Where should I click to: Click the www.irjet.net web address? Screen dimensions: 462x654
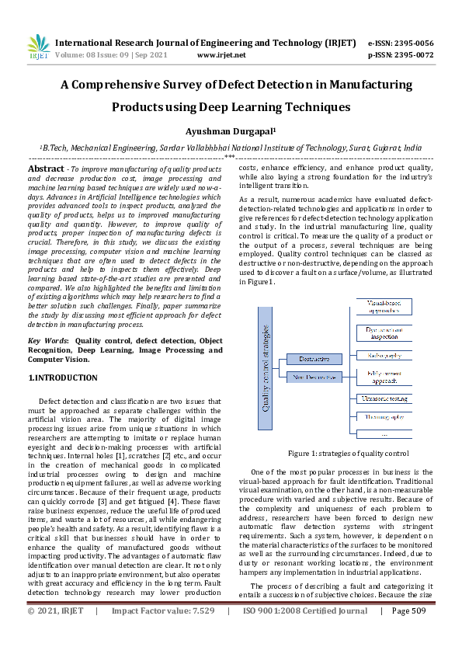[221, 56]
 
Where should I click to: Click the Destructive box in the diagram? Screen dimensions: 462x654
[314, 359]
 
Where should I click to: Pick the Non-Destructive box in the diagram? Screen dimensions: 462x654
[314, 377]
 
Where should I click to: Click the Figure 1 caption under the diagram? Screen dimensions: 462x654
[348, 453]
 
